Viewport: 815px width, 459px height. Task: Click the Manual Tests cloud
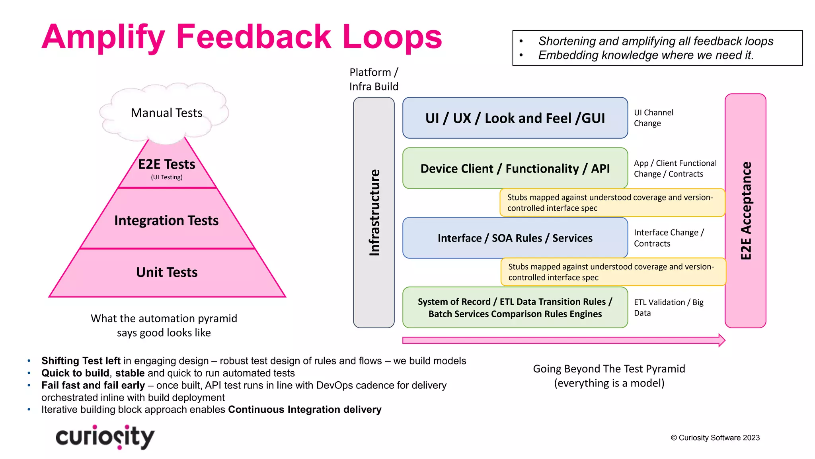click(166, 113)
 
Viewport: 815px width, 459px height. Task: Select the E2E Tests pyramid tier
click(167, 165)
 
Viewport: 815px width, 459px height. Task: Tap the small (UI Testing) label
click(167, 177)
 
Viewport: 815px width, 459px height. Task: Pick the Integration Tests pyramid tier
click(166, 220)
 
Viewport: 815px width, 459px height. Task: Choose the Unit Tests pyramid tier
click(167, 273)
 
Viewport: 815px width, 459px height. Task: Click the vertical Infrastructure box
click(374, 212)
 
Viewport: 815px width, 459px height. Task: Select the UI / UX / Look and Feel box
click(515, 118)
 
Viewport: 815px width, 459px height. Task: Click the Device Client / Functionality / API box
click(515, 169)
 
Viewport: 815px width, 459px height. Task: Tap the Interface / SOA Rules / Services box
click(515, 238)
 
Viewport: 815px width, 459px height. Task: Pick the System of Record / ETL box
click(515, 308)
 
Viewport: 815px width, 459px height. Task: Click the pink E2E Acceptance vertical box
click(745, 211)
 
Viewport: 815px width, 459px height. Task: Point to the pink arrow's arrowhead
click(721, 340)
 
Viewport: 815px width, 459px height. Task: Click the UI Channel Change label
click(653, 118)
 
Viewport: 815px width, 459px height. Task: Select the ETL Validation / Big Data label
click(669, 308)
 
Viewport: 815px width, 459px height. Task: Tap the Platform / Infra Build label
click(374, 79)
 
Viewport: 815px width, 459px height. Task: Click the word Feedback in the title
click(253, 37)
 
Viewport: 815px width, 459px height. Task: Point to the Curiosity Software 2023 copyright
click(715, 438)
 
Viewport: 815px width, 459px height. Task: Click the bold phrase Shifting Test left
click(81, 361)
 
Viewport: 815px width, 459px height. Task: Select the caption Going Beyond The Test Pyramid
click(609, 369)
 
